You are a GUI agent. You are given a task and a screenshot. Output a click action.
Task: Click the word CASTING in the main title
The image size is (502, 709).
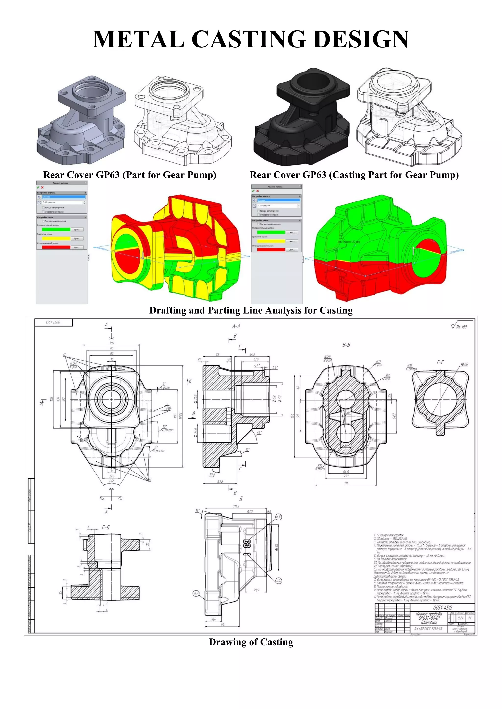coord(249,39)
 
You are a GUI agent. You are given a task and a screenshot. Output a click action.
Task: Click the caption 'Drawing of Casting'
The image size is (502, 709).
coord(251,642)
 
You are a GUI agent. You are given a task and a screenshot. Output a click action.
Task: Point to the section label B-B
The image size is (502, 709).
coord(346,345)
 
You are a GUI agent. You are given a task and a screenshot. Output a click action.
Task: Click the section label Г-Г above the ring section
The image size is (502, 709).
coord(440,362)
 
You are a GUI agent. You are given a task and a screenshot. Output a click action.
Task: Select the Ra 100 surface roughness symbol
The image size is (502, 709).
coord(459,326)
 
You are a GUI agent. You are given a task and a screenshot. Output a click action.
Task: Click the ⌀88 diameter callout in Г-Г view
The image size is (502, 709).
coord(464,364)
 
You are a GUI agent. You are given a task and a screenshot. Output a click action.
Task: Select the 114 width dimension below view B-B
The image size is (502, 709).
coord(346,483)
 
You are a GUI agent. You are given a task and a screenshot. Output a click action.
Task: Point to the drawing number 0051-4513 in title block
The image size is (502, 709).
coord(442,607)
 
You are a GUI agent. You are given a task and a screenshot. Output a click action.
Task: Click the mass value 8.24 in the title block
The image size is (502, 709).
coord(460,618)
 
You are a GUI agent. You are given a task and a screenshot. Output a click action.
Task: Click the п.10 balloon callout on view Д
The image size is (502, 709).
coord(278,517)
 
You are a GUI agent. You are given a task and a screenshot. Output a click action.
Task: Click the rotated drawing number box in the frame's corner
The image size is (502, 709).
coord(53,322)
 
